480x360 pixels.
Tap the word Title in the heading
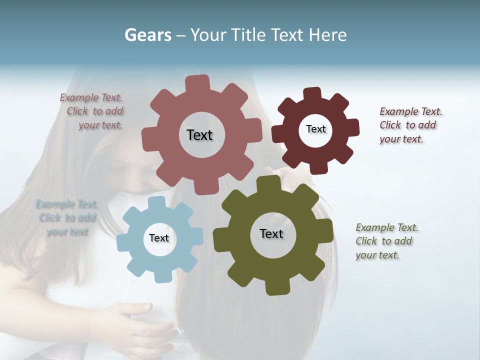tap(247, 35)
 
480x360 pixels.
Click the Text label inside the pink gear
tap(199, 135)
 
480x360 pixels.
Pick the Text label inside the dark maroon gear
tap(315, 129)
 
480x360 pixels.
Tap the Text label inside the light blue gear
tap(159, 238)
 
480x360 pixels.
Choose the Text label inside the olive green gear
tap(271, 233)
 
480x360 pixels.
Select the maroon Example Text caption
tap(409, 125)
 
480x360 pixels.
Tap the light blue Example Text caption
tap(67, 218)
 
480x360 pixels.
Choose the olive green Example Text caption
tap(386, 241)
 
